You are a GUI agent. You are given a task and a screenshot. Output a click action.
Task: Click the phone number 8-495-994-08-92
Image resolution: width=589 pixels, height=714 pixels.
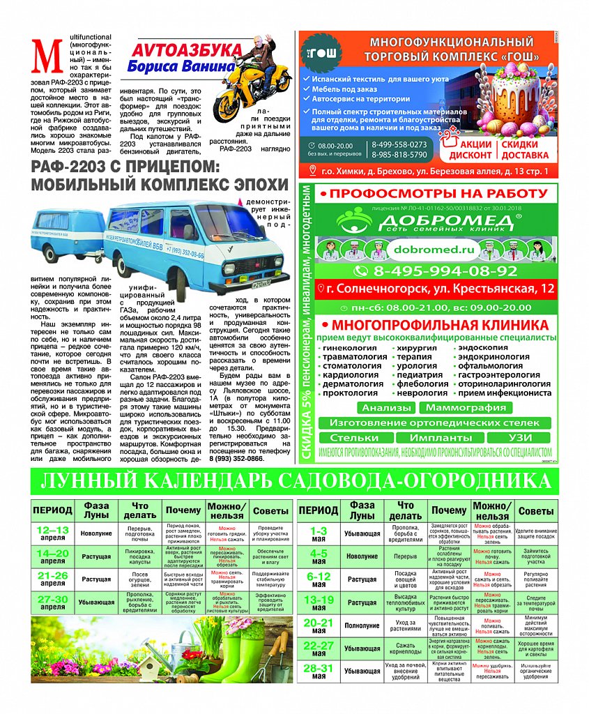click(435, 271)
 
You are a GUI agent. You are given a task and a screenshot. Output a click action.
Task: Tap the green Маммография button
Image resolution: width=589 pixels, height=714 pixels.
click(465, 407)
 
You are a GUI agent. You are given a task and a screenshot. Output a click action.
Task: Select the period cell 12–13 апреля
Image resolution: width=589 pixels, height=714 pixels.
click(52, 533)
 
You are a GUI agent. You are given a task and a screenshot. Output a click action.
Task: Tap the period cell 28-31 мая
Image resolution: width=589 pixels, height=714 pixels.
click(319, 671)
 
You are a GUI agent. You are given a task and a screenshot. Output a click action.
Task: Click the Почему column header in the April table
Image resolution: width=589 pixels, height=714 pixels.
click(183, 510)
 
